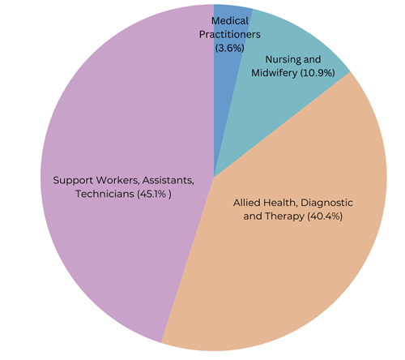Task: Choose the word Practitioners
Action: point(232,34)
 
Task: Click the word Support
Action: point(74,179)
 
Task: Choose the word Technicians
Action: point(104,195)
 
